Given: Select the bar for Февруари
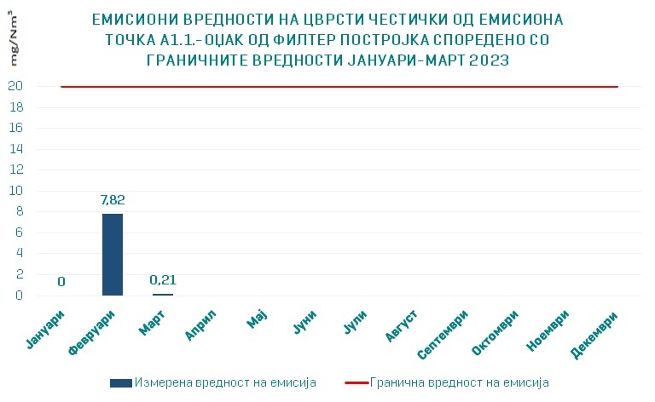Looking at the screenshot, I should click(113, 255).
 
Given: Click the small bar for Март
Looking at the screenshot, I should click(162, 294).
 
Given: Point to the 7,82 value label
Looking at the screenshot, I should click(113, 199).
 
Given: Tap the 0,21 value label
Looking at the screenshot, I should click(162, 279).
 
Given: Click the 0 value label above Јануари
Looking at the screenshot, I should click(61, 282).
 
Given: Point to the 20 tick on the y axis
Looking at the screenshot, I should click(14, 86).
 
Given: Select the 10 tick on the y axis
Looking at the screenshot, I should click(14, 191).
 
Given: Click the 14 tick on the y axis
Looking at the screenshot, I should click(14, 149).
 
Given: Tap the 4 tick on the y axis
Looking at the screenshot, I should click(16, 254).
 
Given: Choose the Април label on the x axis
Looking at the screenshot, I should click(202, 324).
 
